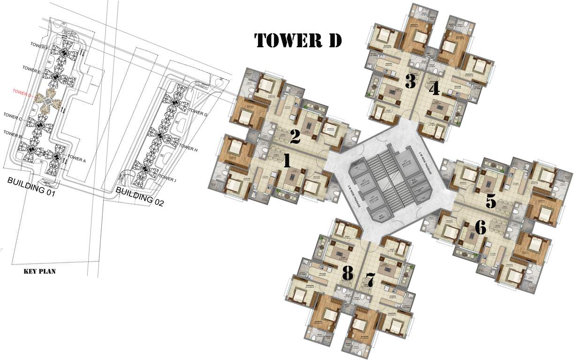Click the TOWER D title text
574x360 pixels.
pos(298,40)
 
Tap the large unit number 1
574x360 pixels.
pos(287,161)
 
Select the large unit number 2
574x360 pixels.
pos(295,137)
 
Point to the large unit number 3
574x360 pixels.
pos(410,82)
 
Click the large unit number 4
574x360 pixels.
pos(434,88)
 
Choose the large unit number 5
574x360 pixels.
pos(491,202)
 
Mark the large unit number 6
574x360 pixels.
pos(480,228)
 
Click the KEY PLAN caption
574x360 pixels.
pos(40,271)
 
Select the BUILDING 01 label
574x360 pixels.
pos(31,186)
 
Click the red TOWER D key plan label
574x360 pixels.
pos(23,92)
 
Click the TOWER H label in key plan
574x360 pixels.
pos(190,149)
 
